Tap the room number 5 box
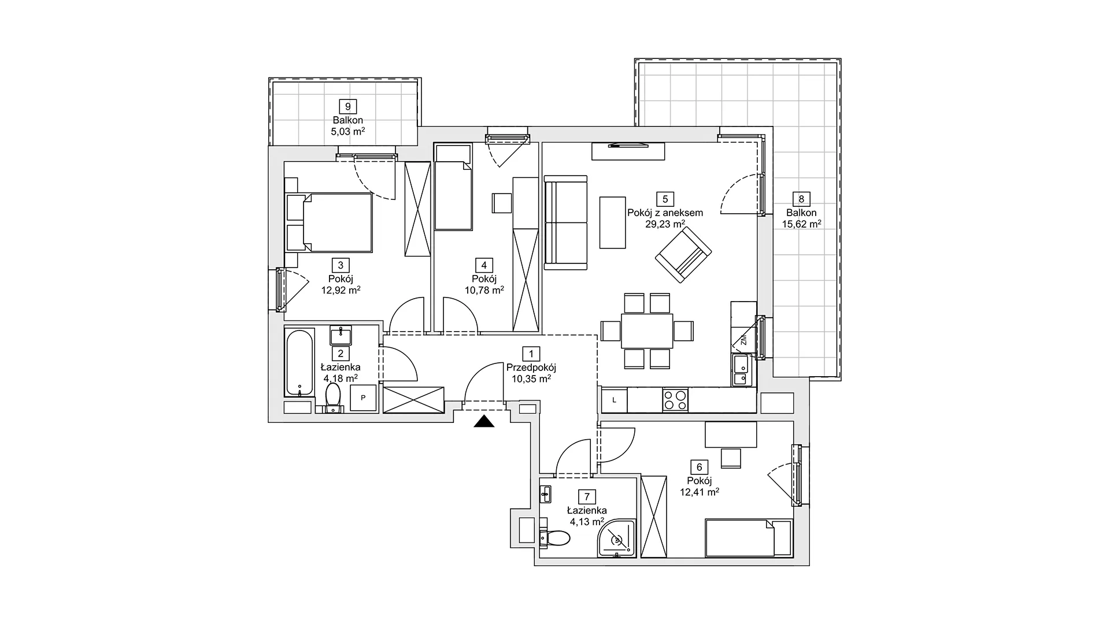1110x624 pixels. (x=665, y=199)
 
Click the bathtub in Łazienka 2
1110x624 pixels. (x=299, y=362)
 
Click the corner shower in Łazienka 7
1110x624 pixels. (x=617, y=538)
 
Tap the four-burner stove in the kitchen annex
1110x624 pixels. (x=675, y=399)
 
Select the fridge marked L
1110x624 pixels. (x=614, y=400)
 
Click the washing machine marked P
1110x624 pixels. (x=364, y=398)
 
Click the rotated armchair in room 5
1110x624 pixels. (x=683, y=255)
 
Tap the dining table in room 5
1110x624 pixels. (x=647, y=331)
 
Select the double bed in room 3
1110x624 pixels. (x=329, y=222)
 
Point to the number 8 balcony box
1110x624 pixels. (x=801, y=199)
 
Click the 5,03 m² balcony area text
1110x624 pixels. (x=348, y=131)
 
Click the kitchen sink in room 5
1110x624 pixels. (x=741, y=370)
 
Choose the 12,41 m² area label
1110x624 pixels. (x=700, y=492)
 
